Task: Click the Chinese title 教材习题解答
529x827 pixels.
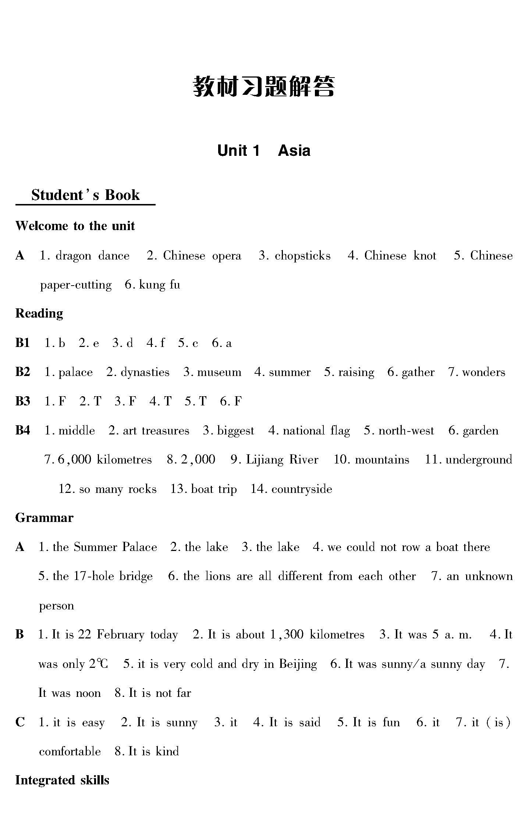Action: pos(264,87)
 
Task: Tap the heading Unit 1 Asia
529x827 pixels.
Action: pos(264,151)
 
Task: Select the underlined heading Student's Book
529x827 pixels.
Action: pos(85,195)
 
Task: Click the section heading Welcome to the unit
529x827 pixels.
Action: pos(75,226)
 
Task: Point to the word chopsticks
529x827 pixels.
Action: pos(302,256)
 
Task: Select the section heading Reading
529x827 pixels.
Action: pos(39,314)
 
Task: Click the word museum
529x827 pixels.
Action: pos(219,372)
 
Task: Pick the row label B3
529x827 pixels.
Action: pos(22,401)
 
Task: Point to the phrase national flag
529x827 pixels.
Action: pos(316,431)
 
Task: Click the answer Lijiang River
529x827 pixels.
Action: pos(282,460)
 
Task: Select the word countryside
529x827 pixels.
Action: pos(302,489)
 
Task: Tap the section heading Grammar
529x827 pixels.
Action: pos(44,518)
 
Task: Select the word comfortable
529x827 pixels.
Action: pos(70,752)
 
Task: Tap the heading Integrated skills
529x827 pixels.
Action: pos(62,781)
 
